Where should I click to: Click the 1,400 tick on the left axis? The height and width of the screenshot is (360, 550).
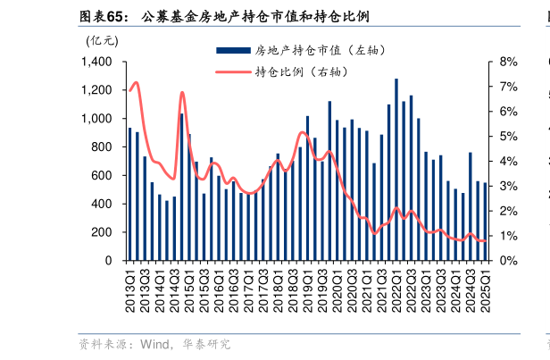(96, 62)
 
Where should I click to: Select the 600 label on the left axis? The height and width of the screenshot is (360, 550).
(101, 175)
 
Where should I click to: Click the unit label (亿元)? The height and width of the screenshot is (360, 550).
(101, 39)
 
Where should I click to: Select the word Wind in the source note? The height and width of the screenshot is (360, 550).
(155, 344)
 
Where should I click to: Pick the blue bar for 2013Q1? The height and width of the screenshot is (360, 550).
(130, 194)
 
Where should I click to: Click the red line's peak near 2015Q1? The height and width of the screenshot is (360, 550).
(182, 92)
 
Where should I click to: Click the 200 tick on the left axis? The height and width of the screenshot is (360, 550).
(101, 232)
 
